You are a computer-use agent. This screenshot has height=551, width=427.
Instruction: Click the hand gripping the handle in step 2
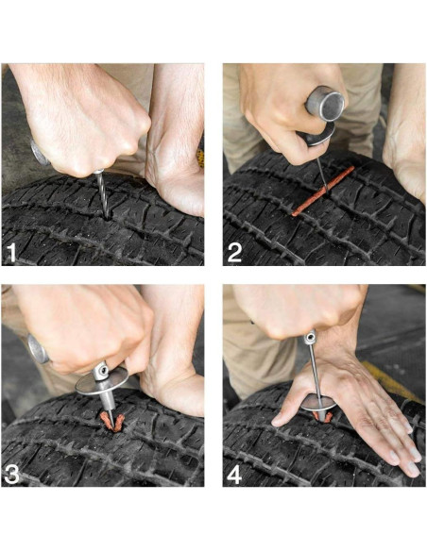coord(283,104)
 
